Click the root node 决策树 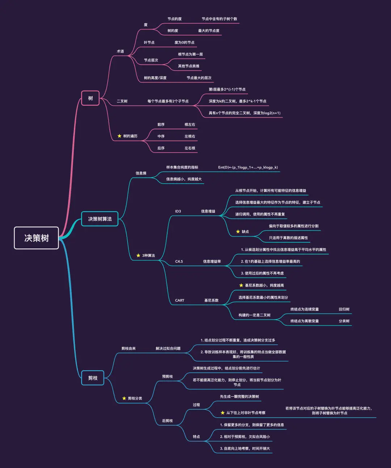tap(36, 238)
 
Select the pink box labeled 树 tap(90, 98)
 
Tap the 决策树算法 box tap(100, 219)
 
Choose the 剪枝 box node tap(93, 378)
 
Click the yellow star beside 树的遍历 tap(119, 136)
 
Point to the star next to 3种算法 tap(138, 255)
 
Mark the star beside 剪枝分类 tap(124, 398)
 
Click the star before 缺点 tap(238, 231)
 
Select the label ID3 tap(178, 211)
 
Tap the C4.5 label tap(179, 262)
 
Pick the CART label tap(180, 300)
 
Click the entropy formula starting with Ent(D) tap(248, 167)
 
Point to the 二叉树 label tap(122, 101)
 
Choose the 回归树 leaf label tap(344, 309)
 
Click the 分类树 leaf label tap(344, 321)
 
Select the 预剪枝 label tap(167, 377)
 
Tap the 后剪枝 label tap(167, 421)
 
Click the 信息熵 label tap(141, 173)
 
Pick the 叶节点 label tap(149, 42)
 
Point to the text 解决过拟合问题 tap(168, 348)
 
